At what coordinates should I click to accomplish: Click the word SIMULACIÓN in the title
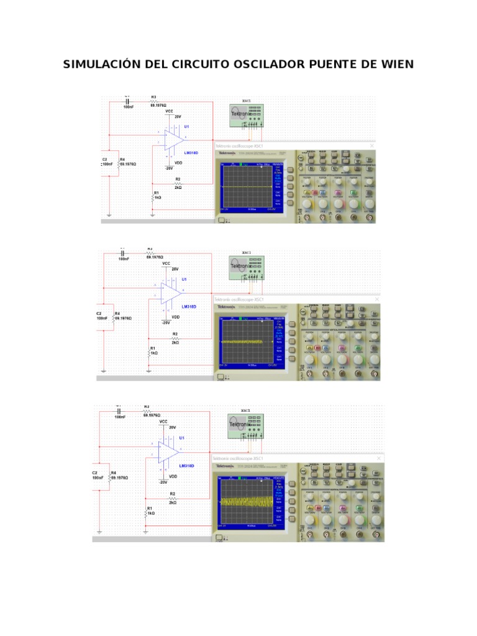[101, 65]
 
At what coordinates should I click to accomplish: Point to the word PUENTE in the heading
[331, 65]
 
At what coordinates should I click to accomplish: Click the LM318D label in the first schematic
[191, 152]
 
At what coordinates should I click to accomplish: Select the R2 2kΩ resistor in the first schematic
[178, 184]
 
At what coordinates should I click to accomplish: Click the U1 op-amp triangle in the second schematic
[171, 291]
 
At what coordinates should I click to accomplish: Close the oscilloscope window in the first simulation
[371, 145]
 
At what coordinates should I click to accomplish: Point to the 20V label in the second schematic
[175, 269]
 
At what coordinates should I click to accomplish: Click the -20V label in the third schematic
[163, 482]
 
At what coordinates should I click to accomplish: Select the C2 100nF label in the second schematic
[101, 316]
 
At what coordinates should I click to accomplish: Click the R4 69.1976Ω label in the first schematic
[127, 162]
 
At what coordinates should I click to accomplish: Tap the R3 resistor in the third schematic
[147, 410]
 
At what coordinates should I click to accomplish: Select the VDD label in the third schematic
[173, 476]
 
